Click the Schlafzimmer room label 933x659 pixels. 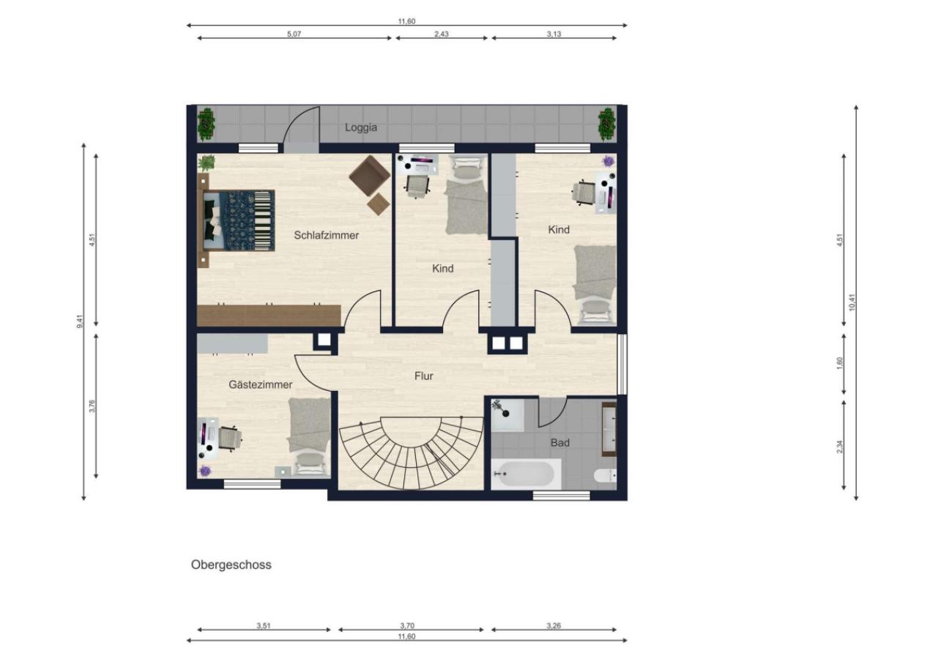click(326, 235)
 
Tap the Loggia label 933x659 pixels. click(361, 127)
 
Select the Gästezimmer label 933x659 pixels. click(260, 384)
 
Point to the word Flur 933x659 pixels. click(423, 376)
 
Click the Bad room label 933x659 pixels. click(560, 443)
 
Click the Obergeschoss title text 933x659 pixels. click(231, 565)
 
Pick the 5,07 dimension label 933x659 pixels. click(294, 34)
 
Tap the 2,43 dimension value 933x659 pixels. click(442, 34)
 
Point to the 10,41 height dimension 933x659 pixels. click(852, 302)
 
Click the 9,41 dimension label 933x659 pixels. click(80, 321)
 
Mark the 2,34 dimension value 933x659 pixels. click(839, 447)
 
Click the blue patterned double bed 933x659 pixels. click(239, 221)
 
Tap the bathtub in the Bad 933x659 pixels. click(526, 474)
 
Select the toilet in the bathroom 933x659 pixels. click(605, 475)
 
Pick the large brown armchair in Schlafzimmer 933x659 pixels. click(369, 176)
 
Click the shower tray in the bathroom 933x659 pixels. click(508, 415)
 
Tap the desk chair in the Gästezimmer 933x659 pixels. click(229, 438)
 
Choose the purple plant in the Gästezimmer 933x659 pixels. click(205, 471)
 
